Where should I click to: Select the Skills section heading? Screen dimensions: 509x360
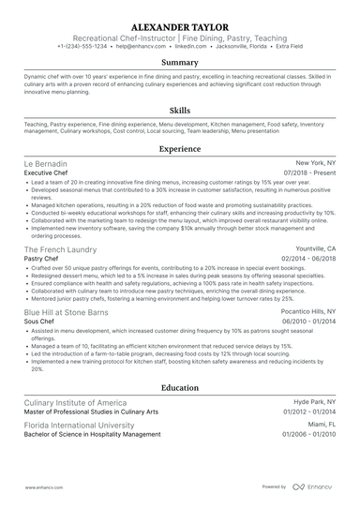point(179,109)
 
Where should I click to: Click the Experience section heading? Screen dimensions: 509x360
point(179,148)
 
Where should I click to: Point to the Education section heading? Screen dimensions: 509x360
point(179,387)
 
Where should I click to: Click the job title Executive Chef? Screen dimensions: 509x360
point(51,173)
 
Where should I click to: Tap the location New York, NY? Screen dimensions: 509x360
point(314,162)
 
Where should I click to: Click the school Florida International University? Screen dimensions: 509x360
point(84,424)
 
